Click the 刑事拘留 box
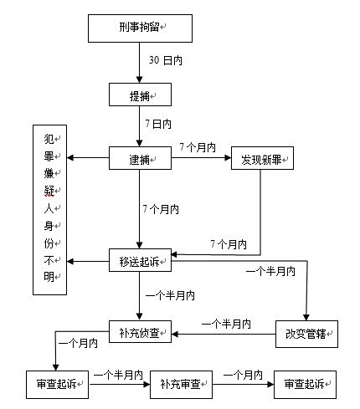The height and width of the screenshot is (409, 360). point(140,28)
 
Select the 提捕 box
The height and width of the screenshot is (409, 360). point(140,95)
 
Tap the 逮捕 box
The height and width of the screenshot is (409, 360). point(140,158)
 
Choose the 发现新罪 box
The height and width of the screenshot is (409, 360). point(262,158)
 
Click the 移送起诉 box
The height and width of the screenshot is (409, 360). point(140,260)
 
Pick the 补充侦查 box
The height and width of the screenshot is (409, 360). point(140,331)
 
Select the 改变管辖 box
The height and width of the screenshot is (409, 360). point(306,334)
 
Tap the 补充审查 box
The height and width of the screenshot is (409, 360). point(181,385)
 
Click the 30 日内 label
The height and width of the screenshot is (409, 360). point(166,60)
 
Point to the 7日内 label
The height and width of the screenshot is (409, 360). point(158,124)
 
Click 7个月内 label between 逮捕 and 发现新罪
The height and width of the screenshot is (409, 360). point(198,147)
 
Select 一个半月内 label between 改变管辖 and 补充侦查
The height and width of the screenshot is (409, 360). point(226,324)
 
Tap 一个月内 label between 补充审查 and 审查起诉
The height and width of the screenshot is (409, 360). point(243,375)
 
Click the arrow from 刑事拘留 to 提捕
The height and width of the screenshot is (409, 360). point(140,63)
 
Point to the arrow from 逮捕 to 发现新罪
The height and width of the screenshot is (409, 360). point(201,158)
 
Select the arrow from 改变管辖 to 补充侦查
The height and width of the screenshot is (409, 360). point(224,334)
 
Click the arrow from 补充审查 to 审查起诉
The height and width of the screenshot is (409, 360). point(244,385)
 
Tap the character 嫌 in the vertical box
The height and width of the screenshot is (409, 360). point(49,174)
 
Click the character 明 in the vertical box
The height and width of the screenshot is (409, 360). point(49,277)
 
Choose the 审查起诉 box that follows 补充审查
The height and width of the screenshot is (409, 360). point(305,385)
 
